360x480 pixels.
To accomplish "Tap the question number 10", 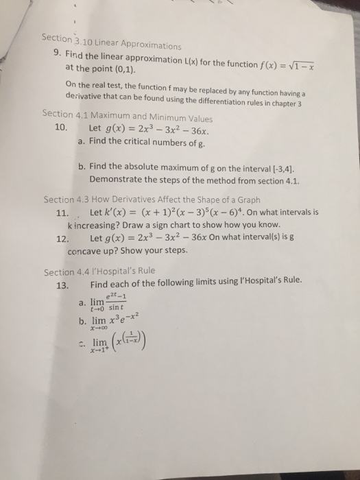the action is point(61,128).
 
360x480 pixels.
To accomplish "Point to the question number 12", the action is point(61,239).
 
